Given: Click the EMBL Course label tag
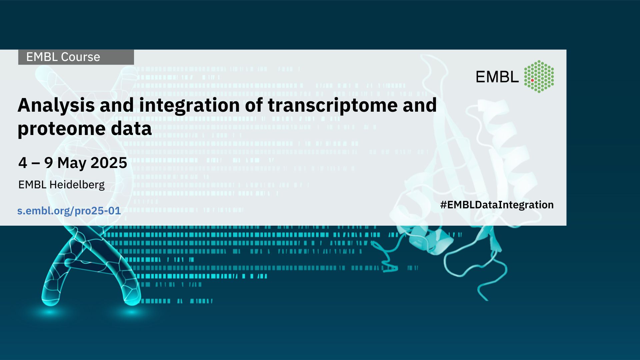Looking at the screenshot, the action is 76,57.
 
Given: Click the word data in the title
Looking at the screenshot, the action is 131,128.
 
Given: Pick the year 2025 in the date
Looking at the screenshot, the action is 109,163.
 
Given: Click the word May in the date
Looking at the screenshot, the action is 72,163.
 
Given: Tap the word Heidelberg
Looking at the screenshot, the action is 77,185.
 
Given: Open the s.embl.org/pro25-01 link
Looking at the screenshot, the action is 69,211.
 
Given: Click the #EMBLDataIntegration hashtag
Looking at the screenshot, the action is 497,205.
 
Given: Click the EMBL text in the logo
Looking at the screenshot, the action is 497,77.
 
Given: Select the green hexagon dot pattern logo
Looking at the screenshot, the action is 539,76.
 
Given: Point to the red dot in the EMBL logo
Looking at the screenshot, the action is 532,80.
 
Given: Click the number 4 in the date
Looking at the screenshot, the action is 23,163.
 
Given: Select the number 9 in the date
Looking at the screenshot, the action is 49,163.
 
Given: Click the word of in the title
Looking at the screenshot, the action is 254,105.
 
